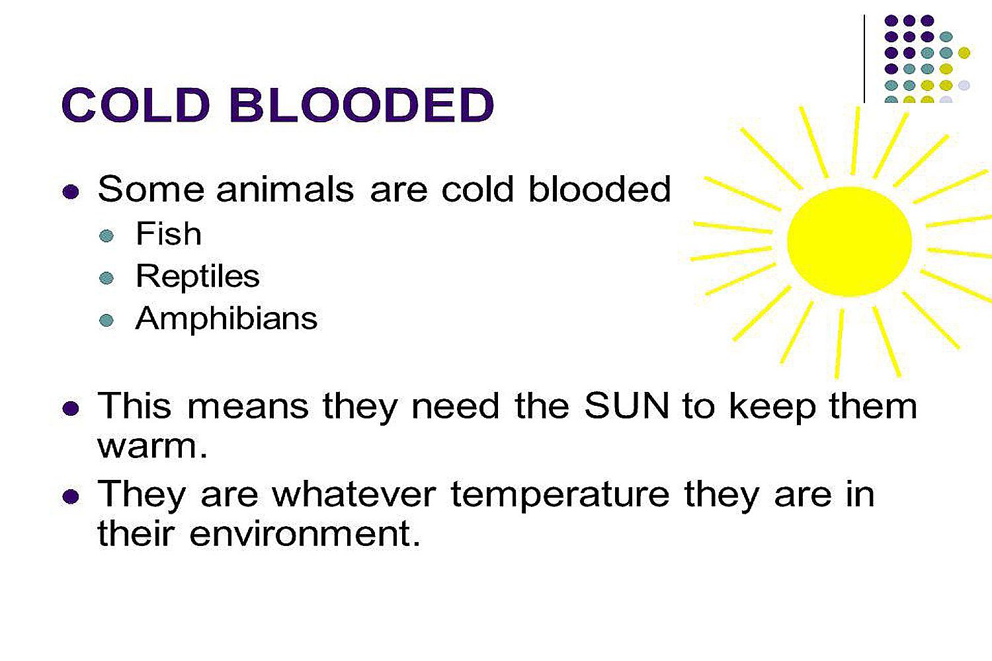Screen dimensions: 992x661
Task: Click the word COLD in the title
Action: point(136,105)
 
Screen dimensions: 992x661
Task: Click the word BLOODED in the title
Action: point(362,105)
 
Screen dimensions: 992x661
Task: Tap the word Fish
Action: point(168,233)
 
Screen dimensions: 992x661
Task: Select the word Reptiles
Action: point(198,276)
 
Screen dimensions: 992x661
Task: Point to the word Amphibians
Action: point(226,319)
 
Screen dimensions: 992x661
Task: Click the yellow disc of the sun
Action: point(849,241)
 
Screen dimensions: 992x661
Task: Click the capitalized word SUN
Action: point(626,406)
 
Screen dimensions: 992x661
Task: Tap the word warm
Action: point(152,446)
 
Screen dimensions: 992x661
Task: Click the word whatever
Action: point(354,494)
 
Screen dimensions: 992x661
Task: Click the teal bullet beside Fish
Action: point(106,235)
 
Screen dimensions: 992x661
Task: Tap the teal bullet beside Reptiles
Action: point(106,278)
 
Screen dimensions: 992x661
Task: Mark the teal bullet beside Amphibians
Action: point(106,320)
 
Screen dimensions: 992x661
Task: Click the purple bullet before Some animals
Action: point(70,192)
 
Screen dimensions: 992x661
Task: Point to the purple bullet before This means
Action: point(70,408)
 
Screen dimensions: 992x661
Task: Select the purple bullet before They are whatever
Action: point(70,496)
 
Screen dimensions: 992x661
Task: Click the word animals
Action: point(285,190)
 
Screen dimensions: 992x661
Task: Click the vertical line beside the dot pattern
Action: point(864,59)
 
